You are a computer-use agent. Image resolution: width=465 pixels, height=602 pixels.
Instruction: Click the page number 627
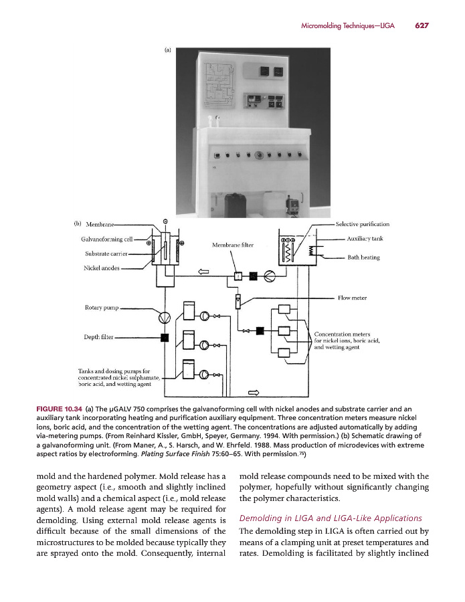coord(421,25)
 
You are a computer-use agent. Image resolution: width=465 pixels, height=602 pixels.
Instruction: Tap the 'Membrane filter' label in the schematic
coord(233,245)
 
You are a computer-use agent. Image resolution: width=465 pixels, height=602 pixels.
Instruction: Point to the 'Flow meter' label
coord(352,298)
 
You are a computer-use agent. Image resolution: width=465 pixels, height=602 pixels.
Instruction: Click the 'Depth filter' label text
coord(97,337)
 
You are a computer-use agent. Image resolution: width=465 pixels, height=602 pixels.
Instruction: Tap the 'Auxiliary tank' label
coord(365,238)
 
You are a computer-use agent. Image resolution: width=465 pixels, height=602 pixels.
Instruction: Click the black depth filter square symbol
coord(164,337)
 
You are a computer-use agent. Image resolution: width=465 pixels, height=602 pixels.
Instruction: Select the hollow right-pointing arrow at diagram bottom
coord(254,392)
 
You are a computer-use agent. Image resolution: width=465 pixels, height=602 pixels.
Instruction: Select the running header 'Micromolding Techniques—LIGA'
coord(347,25)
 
